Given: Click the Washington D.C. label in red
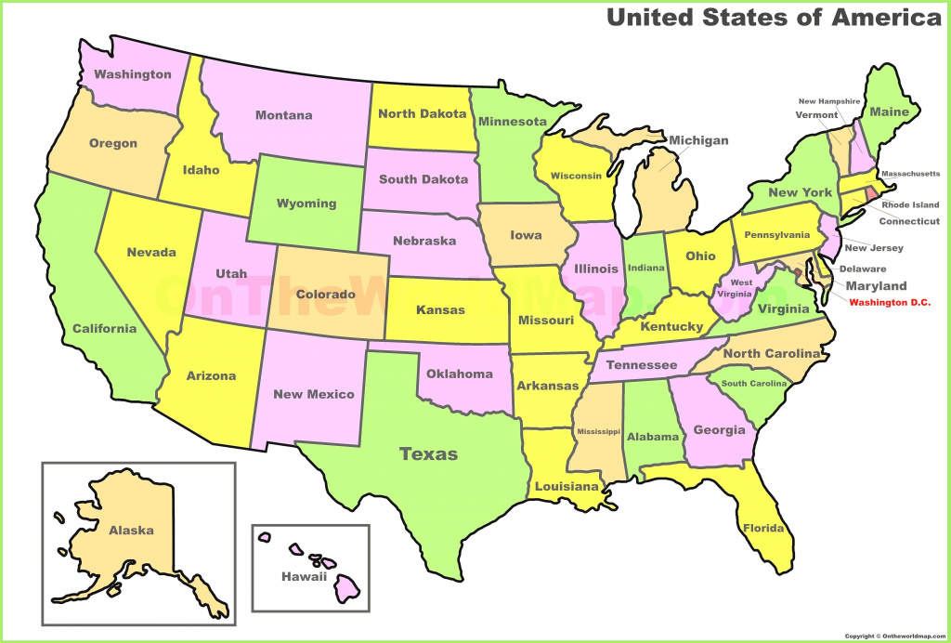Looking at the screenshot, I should pyautogui.click(x=890, y=302).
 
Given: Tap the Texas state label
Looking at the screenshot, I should pyautogui.click(x=428, y=454).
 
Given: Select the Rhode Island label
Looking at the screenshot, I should pyautogui.click(x=908, y=204).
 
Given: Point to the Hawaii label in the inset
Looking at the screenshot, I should pyautogui.click(x=305, y=576).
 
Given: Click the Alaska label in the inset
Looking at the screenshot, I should pyautogui.click(x=131, y=530).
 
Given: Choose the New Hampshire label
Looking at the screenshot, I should pyautogui.click(x=828, y=101).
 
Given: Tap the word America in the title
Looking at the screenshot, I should pyautogui.click(x=888, y=18).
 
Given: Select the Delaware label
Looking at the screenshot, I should pyautogui.click(x=864, y=269).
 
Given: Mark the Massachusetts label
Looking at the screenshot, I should pyautogui.click(x=910, y=174).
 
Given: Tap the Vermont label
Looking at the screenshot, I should pyautogui.click(x=816, y=114).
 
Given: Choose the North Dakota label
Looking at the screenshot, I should pyautogui.click(x=422, y=114).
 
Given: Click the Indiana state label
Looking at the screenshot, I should pyautogui.click(x=646, y=268).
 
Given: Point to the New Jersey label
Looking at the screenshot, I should pyautogui.click(x=874, y=248).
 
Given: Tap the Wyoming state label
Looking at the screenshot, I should pyautogui.click(x=306, y=203).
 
